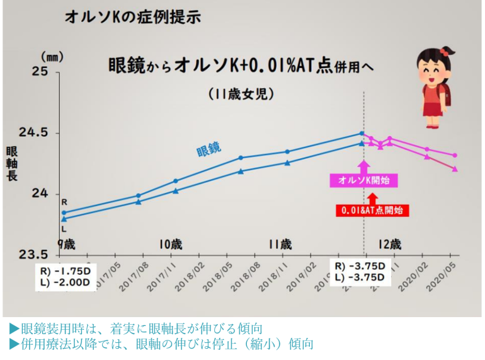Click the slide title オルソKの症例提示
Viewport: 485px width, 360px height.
132,16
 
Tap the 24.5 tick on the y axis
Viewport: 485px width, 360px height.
35,133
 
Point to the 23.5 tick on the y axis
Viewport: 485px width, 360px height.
35,254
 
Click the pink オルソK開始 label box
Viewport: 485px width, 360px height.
363,180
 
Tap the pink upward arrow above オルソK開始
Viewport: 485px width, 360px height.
363,166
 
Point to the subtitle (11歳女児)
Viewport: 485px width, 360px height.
241,93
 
